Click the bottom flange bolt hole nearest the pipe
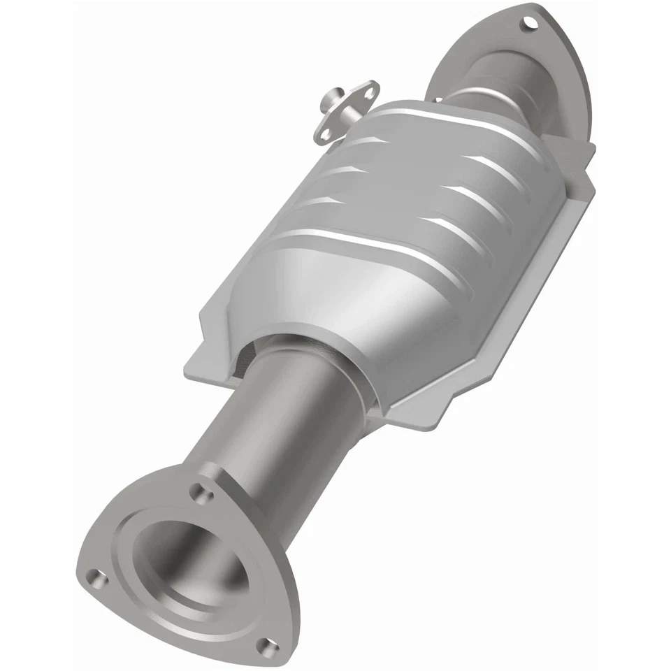click(203, 494)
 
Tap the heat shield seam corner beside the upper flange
click(584, 150)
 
